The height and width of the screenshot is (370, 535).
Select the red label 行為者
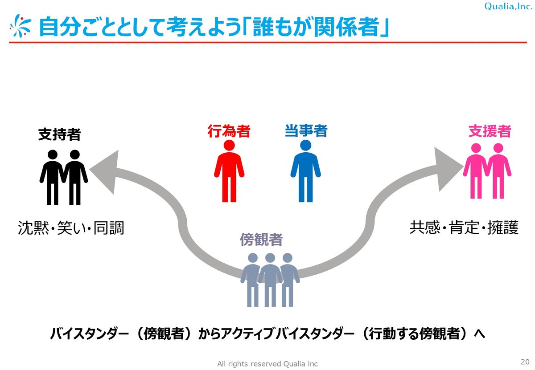pos(229,131)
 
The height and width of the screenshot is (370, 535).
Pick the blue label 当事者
pos(306,131)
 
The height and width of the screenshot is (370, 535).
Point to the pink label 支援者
pos(490,131)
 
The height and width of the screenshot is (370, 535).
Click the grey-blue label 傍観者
pos(261,240)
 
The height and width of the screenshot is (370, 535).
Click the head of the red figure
pos(229,146)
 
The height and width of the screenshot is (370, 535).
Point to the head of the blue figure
pos(306,146)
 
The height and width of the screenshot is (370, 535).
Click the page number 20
pos(524,361)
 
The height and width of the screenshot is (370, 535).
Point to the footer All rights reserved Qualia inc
pos(267,364)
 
